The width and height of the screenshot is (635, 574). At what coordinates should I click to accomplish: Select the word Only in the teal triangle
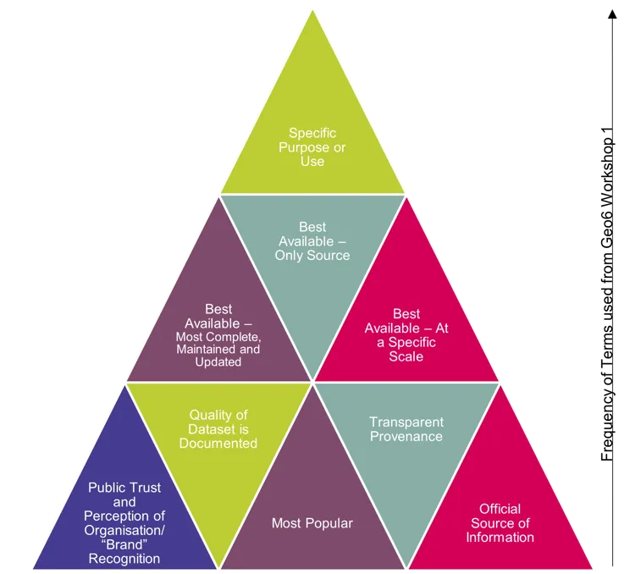293,255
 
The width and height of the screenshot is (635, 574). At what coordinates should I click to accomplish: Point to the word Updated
218,362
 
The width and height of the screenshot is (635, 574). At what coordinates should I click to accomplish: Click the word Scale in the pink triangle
406,356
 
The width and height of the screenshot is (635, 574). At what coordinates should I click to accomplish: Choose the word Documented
218,443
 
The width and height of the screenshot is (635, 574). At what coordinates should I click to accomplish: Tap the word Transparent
406,422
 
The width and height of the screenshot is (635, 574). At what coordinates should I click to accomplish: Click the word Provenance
406,436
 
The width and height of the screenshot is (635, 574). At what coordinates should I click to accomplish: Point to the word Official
500,509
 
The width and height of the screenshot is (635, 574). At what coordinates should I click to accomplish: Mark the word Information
500,537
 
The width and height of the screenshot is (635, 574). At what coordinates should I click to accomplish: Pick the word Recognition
124,558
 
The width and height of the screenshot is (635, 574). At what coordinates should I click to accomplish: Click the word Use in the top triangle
312,161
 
